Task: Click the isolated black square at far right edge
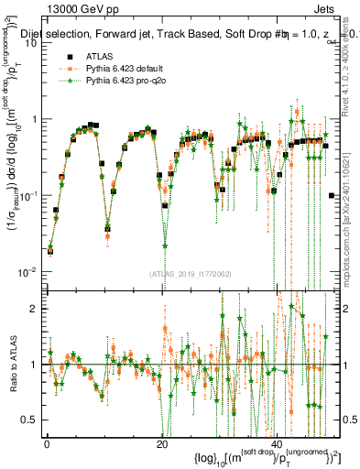pyautogui.click(x=332, y=195)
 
